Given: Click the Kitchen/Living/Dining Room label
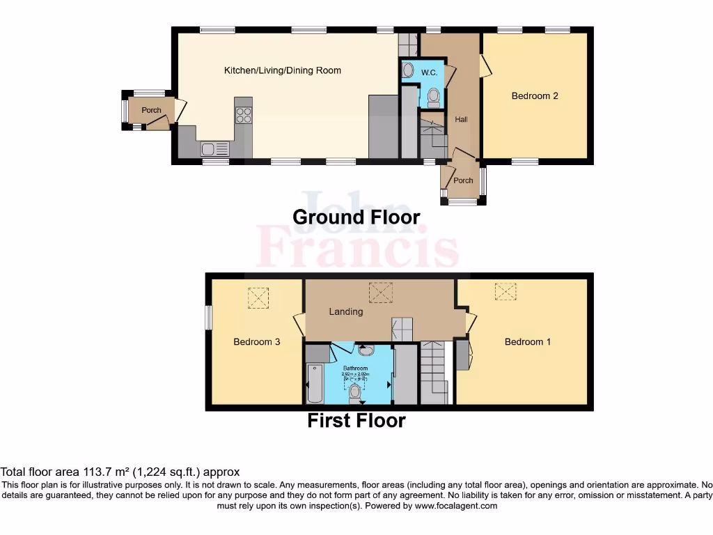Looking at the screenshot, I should pyautogui.click(x=282, y=70).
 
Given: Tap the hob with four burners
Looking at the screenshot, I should pyautogui.click(x=244, y=115).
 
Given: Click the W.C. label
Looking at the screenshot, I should pyautogui.click(x=429, y=72).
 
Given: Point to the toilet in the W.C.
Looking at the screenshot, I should pyautogui.click(x=432, y=97).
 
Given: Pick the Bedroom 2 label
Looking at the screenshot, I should pyautogui.click(x=535, y=96).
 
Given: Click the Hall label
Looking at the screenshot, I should pyautogui.click(x=461, y=120).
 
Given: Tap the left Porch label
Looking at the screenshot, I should pyautogui.click(x=151, y=110).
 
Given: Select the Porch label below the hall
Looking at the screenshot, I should pyautogui.click(x=463, y=180).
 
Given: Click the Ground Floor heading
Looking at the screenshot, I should pyautogui.click(x=356, y=217).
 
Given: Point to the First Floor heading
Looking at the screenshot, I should pyautogui.click(x=356, y=420).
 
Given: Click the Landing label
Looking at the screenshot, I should pyautogui.click(x=346, y=311).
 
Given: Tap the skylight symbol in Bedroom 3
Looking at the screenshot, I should pyautogui.click(x=258, y=299).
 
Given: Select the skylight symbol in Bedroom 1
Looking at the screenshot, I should pyautogui.click(x=506, y=291).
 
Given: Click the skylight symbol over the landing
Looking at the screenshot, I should pyautogui.click(x=381, y=293).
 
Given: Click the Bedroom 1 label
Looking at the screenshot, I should pyautogui.click(x=528, y=342).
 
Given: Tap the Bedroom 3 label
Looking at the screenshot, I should pyautogui.click(x=256, y=342).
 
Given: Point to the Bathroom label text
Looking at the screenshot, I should pyautogui.click(x=355, y=368).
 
